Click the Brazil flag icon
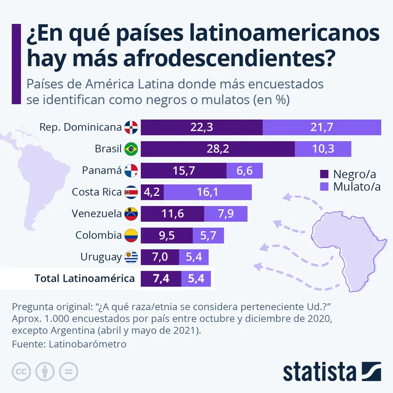131,149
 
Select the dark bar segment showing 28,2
218,149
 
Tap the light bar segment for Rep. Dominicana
322,127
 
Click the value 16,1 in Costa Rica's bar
207,192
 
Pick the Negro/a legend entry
348,174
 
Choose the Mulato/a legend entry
351,187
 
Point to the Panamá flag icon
131,171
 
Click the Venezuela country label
97,214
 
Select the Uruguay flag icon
131,257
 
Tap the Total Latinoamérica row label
85,278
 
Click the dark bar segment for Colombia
166,235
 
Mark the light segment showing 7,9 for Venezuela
226,214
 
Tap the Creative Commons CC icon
22,371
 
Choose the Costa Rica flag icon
131,192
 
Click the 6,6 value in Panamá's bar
245,171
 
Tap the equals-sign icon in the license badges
68,371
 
